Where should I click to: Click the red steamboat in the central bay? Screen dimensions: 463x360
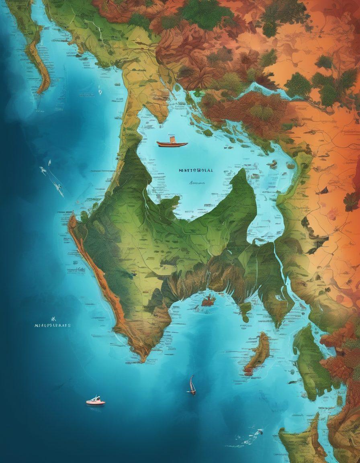tap(172, 143)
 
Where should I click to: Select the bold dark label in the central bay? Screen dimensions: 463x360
tap(196, 170)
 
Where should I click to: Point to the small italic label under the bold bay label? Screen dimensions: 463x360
tap(195, 182)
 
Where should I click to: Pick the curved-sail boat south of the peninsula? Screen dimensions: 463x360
tap(192, 385)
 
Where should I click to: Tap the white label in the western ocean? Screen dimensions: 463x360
tap(52, 325)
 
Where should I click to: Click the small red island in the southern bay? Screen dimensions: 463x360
tap(209, 299)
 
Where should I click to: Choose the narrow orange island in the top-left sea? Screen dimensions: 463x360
tap(38, 60)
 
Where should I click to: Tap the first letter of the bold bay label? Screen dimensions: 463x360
tap(180, 170)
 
